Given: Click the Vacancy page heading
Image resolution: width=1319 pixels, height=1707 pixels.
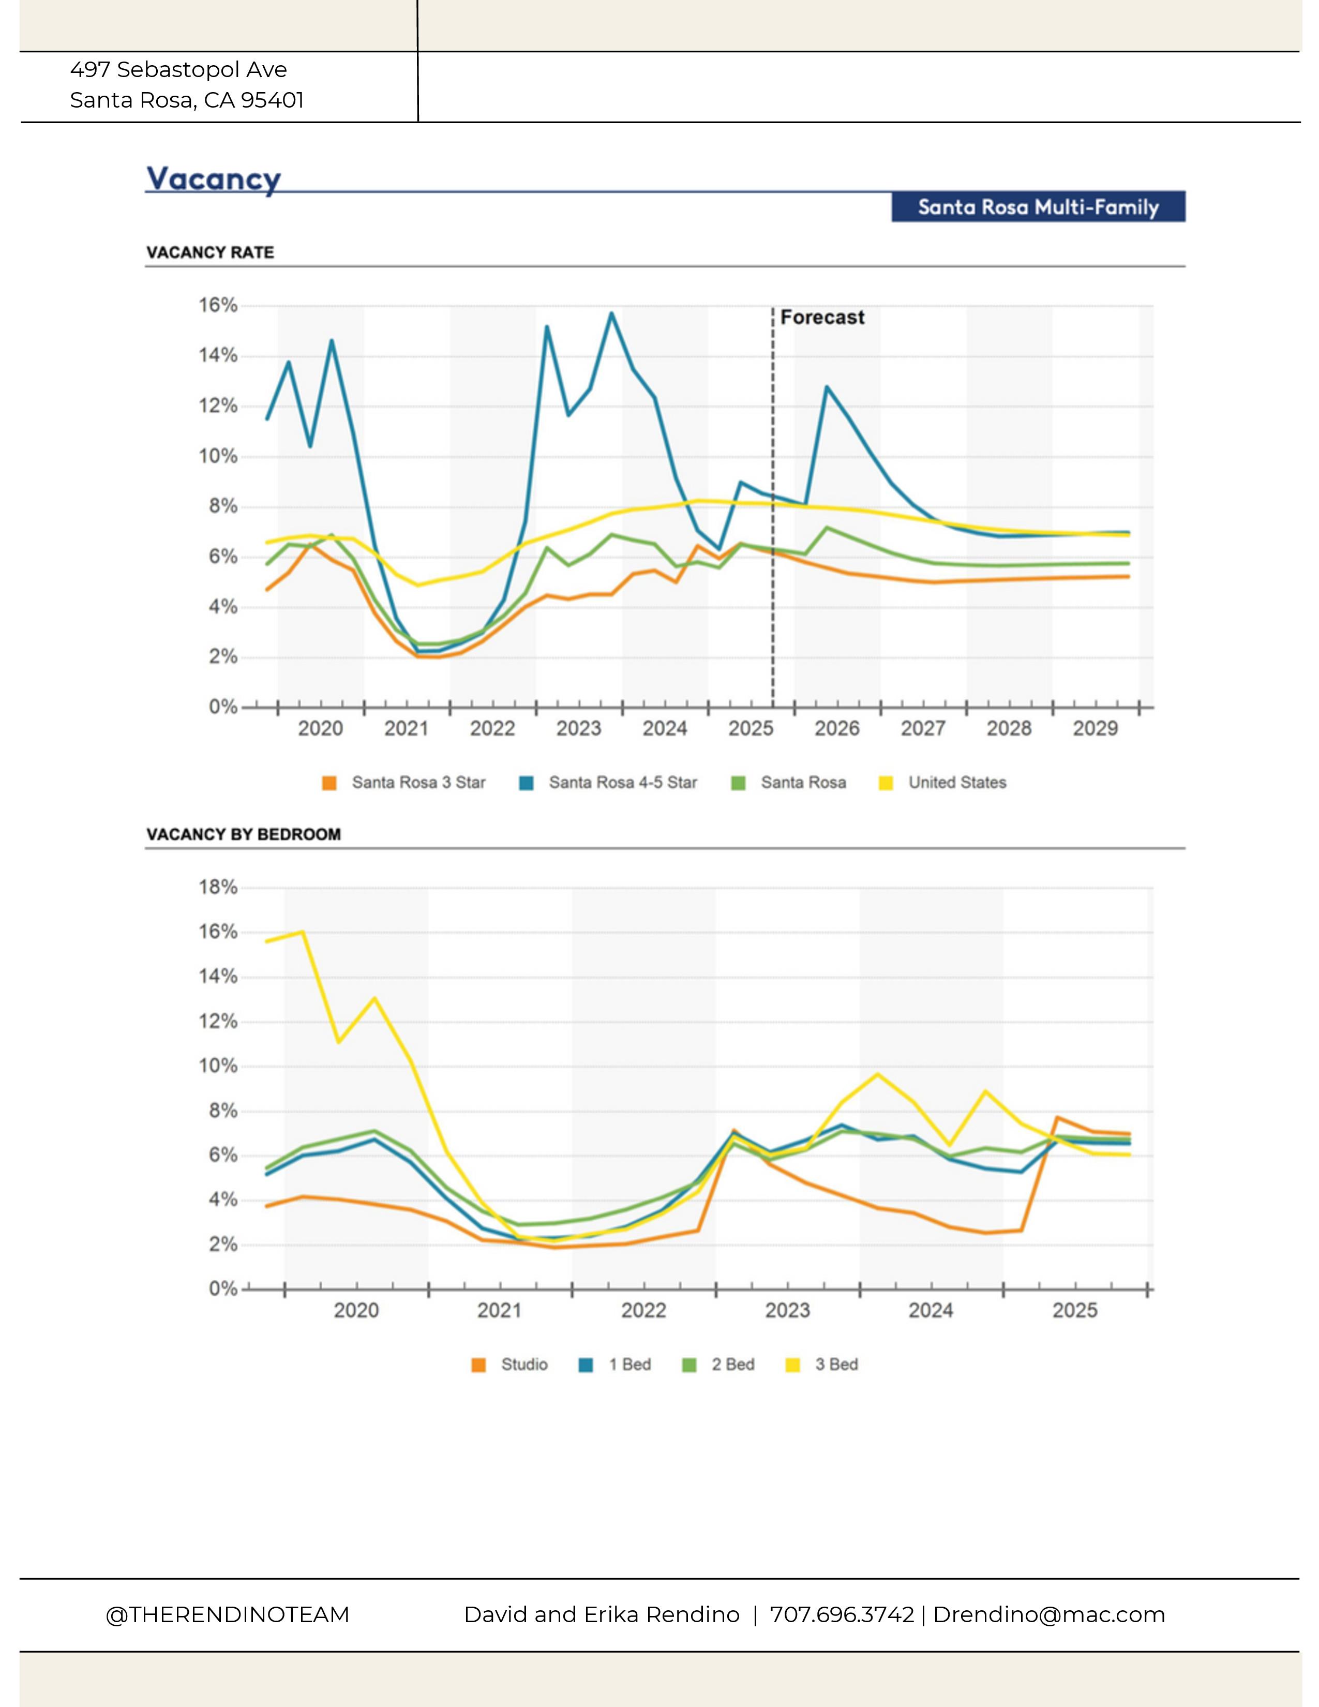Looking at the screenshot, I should tap(213, 178).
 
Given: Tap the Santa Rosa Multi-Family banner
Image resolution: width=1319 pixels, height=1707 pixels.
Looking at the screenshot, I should tap(1038, 207).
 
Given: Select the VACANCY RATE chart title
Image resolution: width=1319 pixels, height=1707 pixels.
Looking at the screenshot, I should tap(210, 252).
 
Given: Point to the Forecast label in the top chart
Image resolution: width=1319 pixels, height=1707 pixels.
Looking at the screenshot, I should tap(822, 317).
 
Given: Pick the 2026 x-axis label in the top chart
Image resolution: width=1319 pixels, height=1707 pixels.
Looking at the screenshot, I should tap(837, 728).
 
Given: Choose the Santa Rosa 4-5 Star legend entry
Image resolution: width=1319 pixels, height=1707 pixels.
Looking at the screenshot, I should tap(622, 782).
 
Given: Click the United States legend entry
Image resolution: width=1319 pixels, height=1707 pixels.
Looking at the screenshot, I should tap(956, 782).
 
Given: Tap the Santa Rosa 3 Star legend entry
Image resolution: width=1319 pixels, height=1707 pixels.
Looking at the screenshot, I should tap(418, 782).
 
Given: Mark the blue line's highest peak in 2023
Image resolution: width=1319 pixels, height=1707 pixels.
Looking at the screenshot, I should tap(611, 313).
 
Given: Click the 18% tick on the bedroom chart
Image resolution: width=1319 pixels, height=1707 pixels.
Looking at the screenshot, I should tap(218, 887).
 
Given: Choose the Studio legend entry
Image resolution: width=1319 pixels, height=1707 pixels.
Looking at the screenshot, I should tap(523, 1364).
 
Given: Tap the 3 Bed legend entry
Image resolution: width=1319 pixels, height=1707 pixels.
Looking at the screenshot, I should tap(836, 1364).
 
